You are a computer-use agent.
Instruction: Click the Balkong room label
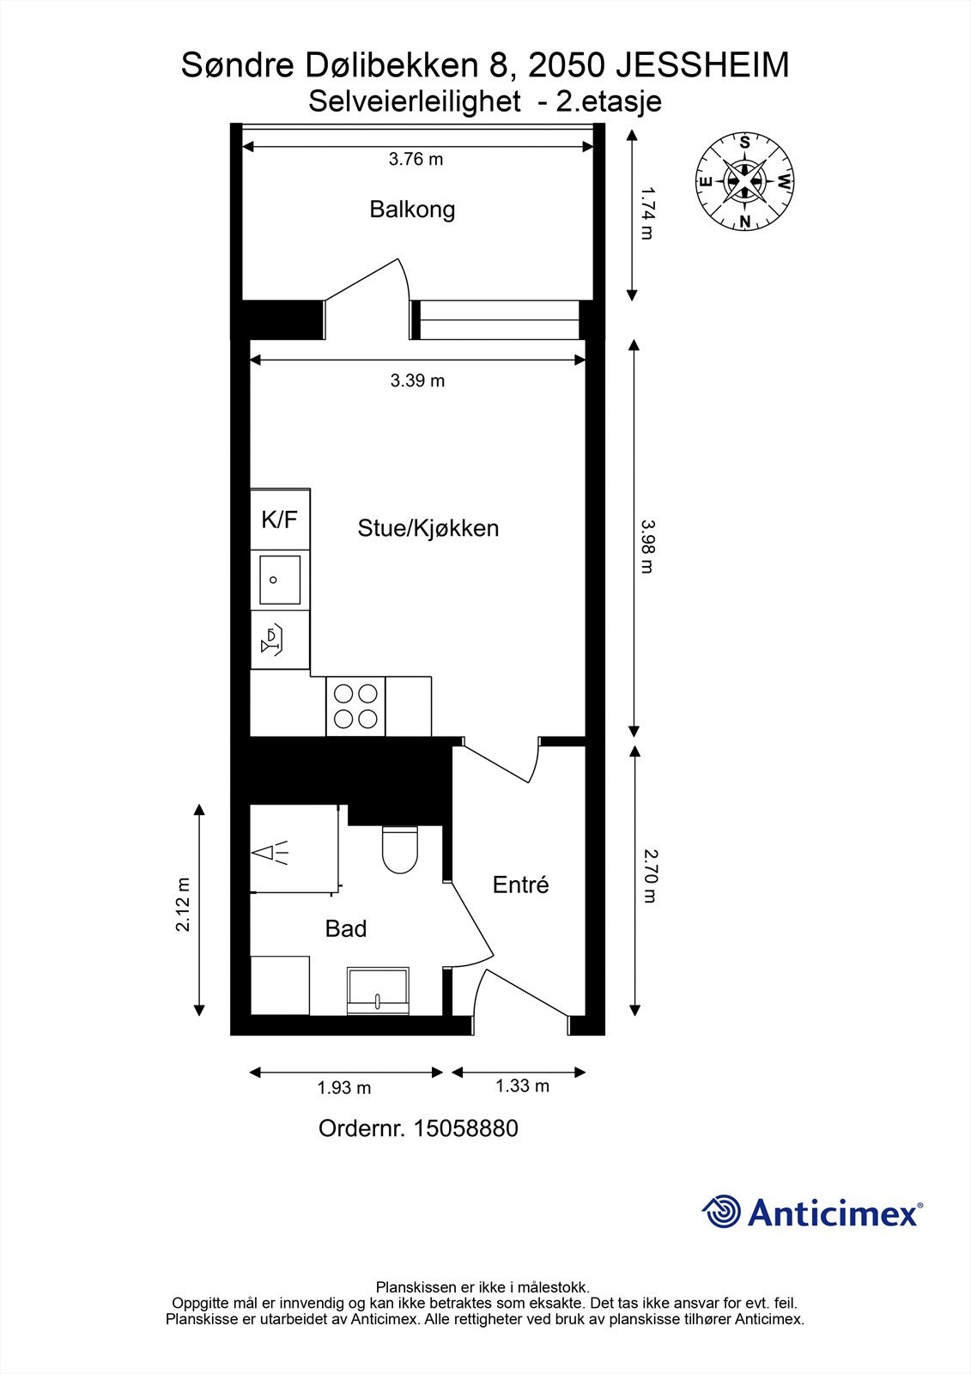(x=412, y=210)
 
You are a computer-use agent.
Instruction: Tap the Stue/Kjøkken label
(x=428, y=528)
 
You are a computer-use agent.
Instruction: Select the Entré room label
(x=520, y=885)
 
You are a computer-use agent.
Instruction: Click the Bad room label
(x=346, y=928)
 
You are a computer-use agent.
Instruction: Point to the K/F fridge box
(x=280, y=520)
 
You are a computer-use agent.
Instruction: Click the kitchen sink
(x=280, y=580)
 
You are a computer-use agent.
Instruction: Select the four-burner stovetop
(x=355, y=706)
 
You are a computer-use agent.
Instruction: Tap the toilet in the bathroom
(x=399, y=849)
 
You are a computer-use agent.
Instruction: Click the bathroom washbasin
(x=378, y=989)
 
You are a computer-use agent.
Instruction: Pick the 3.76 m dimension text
(x=416, y=159)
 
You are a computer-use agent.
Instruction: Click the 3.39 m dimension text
(x=417, y=380)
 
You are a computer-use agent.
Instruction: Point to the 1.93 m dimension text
(x=344, y=1088)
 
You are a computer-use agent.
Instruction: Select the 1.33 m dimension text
(x=522, y=1086)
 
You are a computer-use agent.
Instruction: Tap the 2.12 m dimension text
(x=183, y=904)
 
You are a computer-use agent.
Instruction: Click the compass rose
(x=744, y=181)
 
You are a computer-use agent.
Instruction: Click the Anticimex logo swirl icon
(x=721, y=1212)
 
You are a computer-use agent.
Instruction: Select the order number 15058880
(x=466, y=1128)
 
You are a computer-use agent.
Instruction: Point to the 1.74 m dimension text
(x=648, y=213)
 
